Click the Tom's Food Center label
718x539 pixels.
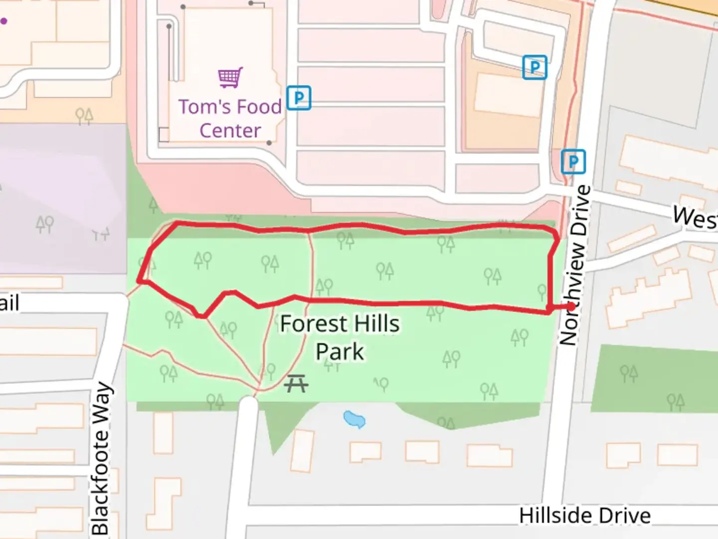click(x=230, y=118)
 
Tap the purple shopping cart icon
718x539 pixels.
click(x=230, y=78)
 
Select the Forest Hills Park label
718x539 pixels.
click(x=340, y=337)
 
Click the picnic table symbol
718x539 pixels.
click(x=296, y=384)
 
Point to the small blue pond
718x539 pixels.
click(x=355, y=419)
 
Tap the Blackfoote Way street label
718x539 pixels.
click(x=101, y=458)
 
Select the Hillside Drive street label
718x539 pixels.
click(x=584, y=516)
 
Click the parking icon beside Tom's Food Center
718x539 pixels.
click(x=299, y=98)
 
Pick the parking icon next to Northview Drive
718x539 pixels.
click(x=573, y=162)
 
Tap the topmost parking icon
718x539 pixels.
click(x=535, y=67)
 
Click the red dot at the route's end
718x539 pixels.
click(x=571, y=306)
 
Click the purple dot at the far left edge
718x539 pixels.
click(x=3, y=21)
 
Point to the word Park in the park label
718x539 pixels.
click(x=340, y=351)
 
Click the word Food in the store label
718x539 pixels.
click(x=259, y=107)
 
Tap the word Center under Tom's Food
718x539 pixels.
click(x=230, y=131)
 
